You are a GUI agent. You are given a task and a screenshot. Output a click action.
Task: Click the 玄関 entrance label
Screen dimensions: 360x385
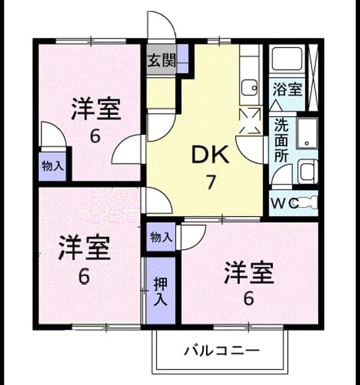tap(162, 60)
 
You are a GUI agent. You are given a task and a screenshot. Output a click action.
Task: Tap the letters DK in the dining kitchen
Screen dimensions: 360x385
tap(210, 155)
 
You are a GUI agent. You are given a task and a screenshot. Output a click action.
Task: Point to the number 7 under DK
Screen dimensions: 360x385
tap(211, 182)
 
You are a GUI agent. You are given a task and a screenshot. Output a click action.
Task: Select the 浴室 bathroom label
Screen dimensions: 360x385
tap(287, 90)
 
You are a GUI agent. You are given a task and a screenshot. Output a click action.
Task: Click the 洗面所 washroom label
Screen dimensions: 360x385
tap(281, 140)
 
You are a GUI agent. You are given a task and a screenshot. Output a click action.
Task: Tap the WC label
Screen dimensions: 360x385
tap(284, 203)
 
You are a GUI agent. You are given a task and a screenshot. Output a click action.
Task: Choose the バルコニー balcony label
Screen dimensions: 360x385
tap(222, 351)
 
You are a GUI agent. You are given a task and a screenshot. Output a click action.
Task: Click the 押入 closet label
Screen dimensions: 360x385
tap(160, 292)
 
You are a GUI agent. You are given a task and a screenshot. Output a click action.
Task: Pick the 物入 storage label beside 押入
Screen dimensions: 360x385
tap(161, 237)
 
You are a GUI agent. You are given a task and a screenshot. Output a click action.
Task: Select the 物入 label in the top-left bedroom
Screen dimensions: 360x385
tap(53, 166)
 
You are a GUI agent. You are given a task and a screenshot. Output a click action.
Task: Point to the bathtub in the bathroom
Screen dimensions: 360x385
tap(287, 59)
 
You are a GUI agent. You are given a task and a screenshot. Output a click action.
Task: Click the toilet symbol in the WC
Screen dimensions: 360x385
tap(308, 203)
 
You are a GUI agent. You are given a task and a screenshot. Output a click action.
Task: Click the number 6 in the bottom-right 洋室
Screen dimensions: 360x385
tap(249, 298)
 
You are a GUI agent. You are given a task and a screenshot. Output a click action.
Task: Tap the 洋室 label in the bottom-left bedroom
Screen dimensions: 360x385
tap(84, 247)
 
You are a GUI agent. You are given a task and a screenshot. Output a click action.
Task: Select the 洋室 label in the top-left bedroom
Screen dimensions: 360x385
tap(96, 109)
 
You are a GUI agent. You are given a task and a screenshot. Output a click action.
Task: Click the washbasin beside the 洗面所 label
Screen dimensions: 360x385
tap(307, 133)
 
